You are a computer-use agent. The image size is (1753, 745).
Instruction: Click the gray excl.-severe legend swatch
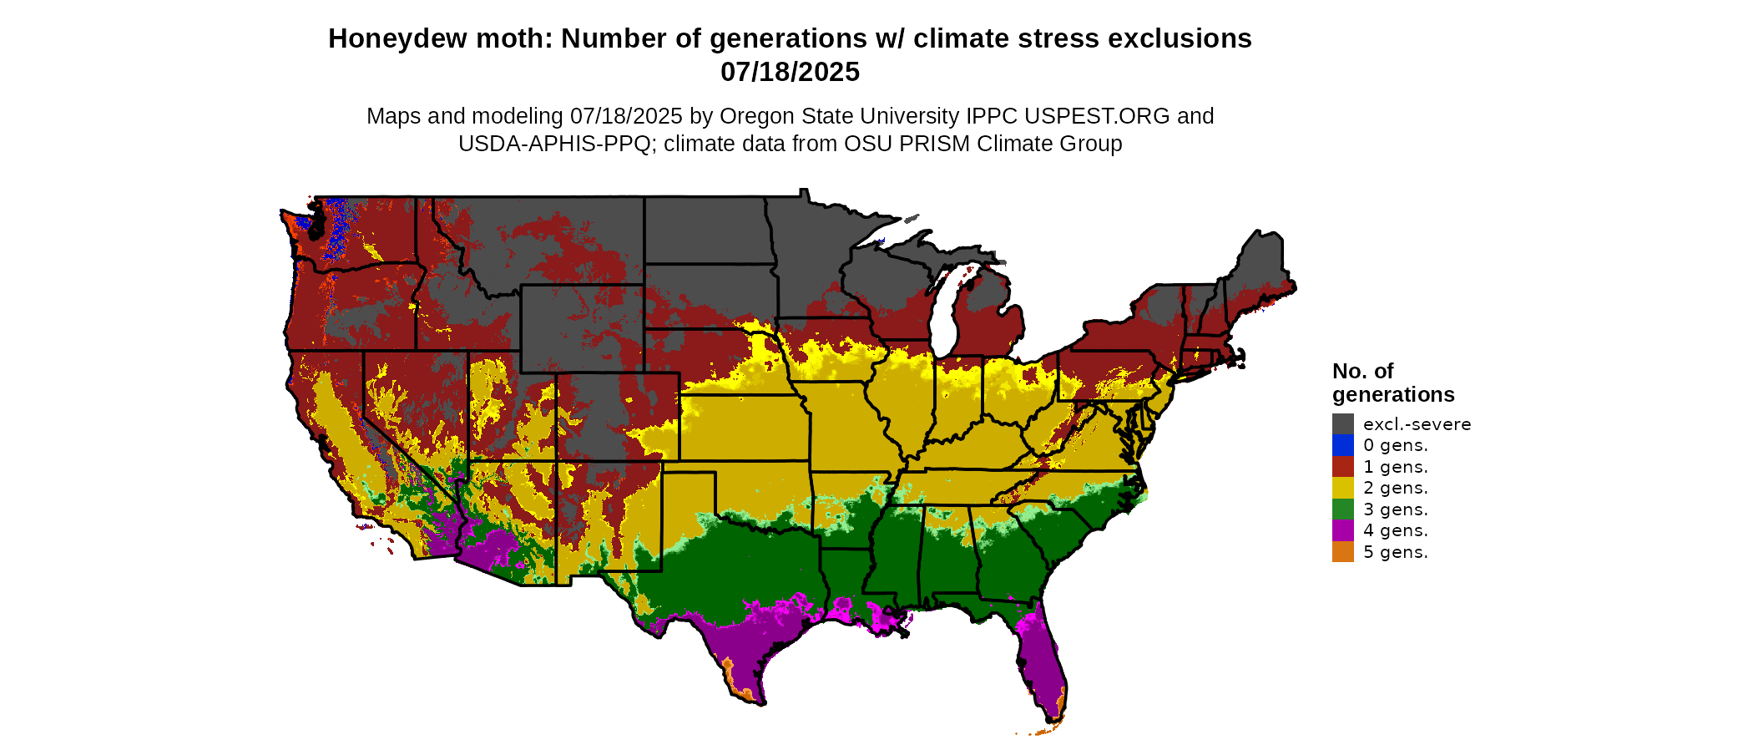pos(1342,423)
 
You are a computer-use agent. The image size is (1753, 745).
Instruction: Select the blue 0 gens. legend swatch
pos(1342,445)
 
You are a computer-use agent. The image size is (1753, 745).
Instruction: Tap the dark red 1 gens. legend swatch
pos(1342,466)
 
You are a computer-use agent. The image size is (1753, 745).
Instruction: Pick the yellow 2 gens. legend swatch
pos(1342,488)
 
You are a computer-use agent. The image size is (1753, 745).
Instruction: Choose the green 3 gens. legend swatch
pos(1342,509)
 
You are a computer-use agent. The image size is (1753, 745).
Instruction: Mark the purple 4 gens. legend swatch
pos(1342,530)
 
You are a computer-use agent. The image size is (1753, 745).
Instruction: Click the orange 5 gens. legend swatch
pos(1342,552)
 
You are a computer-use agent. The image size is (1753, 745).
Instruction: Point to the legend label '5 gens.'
pos(1395,552)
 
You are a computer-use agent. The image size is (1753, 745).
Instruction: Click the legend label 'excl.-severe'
pos(1417,424)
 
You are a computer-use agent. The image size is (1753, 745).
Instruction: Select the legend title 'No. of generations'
pos(1392,383)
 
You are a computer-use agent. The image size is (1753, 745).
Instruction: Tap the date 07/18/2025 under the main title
pos(790,73)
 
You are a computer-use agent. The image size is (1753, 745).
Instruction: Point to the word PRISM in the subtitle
pos(935,144)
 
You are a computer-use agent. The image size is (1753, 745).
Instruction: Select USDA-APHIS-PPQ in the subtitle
pos(553,144)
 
